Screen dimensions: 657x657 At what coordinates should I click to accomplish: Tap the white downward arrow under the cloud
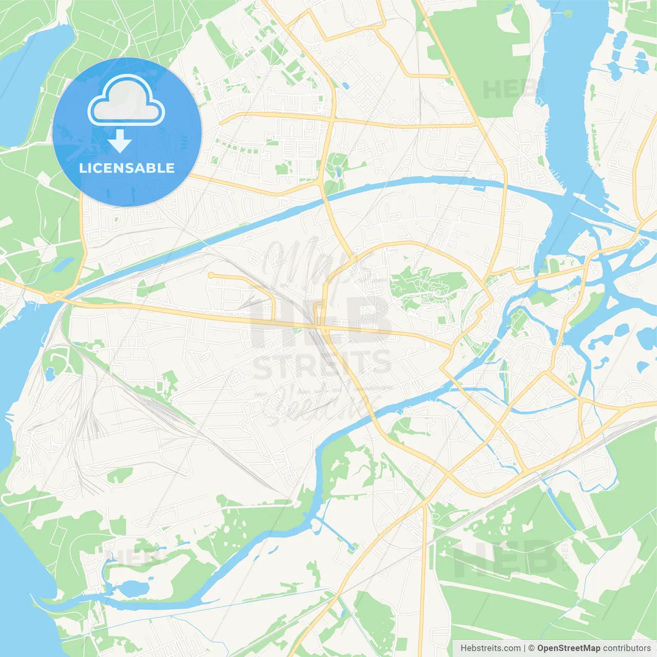click(x=119, y=141)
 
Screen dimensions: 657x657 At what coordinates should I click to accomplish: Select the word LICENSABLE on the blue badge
click(x=127, y=168)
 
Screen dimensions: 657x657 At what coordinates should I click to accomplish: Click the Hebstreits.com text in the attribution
click(x=490, y=648)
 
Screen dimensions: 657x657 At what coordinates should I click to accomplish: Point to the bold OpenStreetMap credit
click(x=569, y=648)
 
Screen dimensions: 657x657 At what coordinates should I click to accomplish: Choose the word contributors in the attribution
click(x=627, y=648)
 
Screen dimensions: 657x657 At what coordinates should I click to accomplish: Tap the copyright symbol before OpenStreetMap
click(x=531, y=648)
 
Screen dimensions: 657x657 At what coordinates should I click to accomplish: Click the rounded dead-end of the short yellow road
click(x=210, y=276)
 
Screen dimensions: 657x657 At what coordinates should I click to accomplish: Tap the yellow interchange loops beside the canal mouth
click(x=53, y=296)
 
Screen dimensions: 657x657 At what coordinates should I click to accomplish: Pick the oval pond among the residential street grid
click(x=344, y=85)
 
